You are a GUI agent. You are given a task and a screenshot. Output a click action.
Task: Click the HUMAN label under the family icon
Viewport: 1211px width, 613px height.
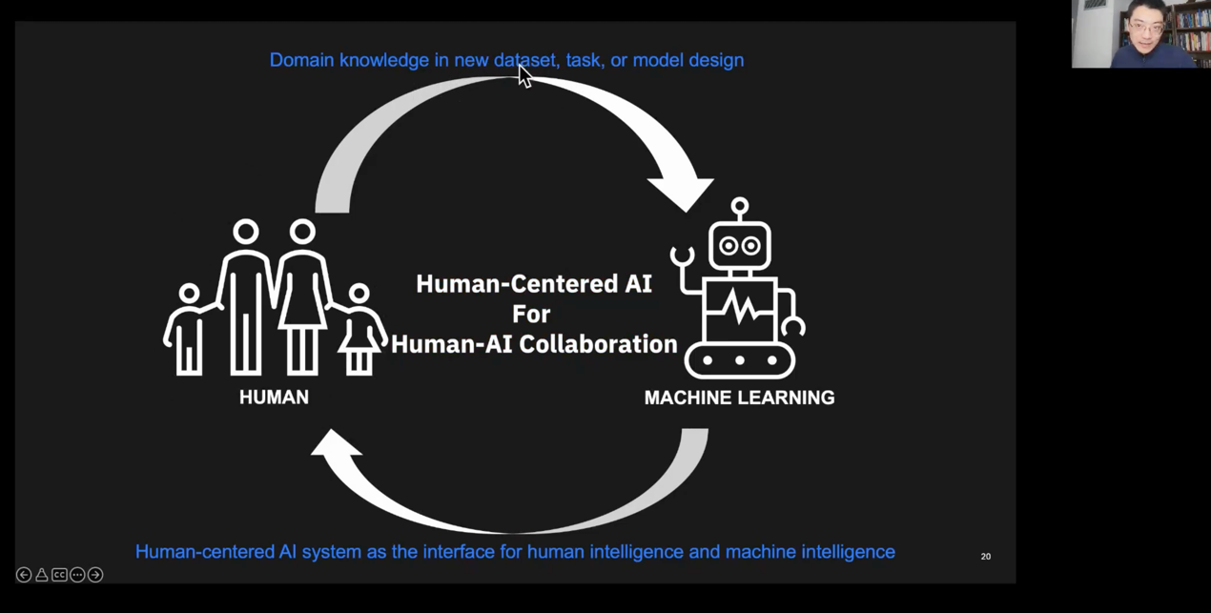point(274,398)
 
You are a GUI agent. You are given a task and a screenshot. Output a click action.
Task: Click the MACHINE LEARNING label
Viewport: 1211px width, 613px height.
point(739,398)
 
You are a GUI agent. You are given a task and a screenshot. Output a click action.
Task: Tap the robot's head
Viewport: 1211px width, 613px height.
point(740,245)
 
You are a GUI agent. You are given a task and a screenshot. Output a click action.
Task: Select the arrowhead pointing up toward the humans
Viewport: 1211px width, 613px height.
point(336,445)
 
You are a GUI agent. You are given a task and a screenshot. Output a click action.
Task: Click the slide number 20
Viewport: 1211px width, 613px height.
point(986,556)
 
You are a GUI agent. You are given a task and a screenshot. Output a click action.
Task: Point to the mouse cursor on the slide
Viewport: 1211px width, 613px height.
point(524,75)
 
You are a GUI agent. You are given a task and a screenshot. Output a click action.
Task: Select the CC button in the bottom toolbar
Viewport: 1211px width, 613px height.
point(59,575)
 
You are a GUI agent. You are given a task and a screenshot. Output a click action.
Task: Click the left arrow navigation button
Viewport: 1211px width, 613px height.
point(24,575)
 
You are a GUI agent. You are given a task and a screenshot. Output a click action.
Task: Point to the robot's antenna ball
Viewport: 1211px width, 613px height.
point(740,205)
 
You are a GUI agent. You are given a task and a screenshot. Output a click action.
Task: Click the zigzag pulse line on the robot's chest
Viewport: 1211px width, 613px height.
point(740,308)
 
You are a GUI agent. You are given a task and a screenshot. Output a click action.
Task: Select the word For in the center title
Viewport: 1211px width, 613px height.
point(531,314)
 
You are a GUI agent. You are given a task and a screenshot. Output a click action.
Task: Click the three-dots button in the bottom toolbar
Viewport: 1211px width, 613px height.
point(77,575)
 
